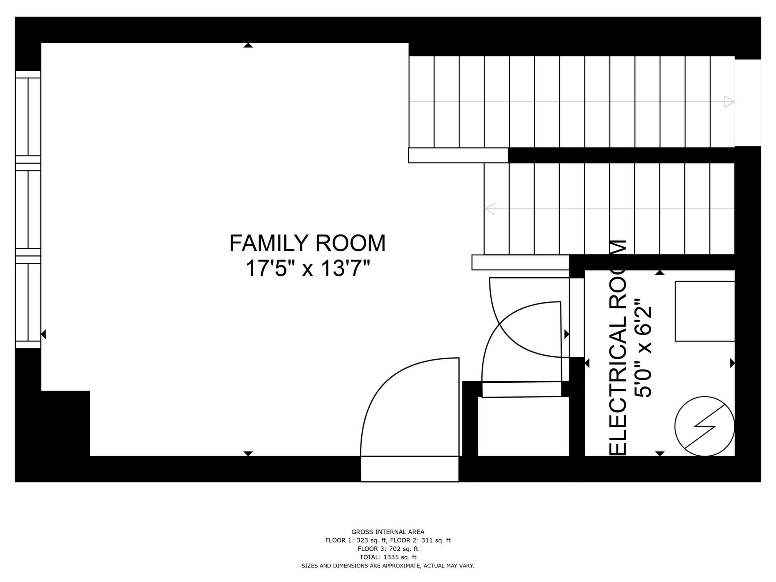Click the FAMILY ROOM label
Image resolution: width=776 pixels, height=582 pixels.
pos(308,243)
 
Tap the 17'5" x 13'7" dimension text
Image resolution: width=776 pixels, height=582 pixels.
pos(308,268)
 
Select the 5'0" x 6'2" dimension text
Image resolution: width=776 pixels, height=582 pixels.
pos(643,348)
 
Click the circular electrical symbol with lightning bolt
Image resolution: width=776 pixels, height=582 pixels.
pos(704,426)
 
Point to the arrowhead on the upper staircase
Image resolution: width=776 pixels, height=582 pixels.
pos(729,102)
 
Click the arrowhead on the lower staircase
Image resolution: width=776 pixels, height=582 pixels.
pos(490,209)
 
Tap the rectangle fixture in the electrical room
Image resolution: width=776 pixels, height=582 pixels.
pos(705,311)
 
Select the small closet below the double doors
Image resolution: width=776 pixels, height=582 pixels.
pos(523,426)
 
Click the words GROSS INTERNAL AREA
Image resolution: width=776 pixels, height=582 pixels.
pos(388,532)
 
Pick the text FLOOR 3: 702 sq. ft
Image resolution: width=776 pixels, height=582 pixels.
pos(388,549)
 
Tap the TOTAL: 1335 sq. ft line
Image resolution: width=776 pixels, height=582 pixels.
pos(388,557)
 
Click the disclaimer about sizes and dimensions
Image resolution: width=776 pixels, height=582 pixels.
pos(388,566)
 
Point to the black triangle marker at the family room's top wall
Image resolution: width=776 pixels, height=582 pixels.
pos(248,45)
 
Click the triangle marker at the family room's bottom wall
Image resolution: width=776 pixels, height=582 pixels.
pos(248,453)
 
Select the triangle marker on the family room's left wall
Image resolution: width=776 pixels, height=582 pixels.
pos(44,334)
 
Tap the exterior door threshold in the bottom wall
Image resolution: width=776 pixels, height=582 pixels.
pos(410,469)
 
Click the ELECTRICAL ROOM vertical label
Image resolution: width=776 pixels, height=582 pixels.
pos(618,348)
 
